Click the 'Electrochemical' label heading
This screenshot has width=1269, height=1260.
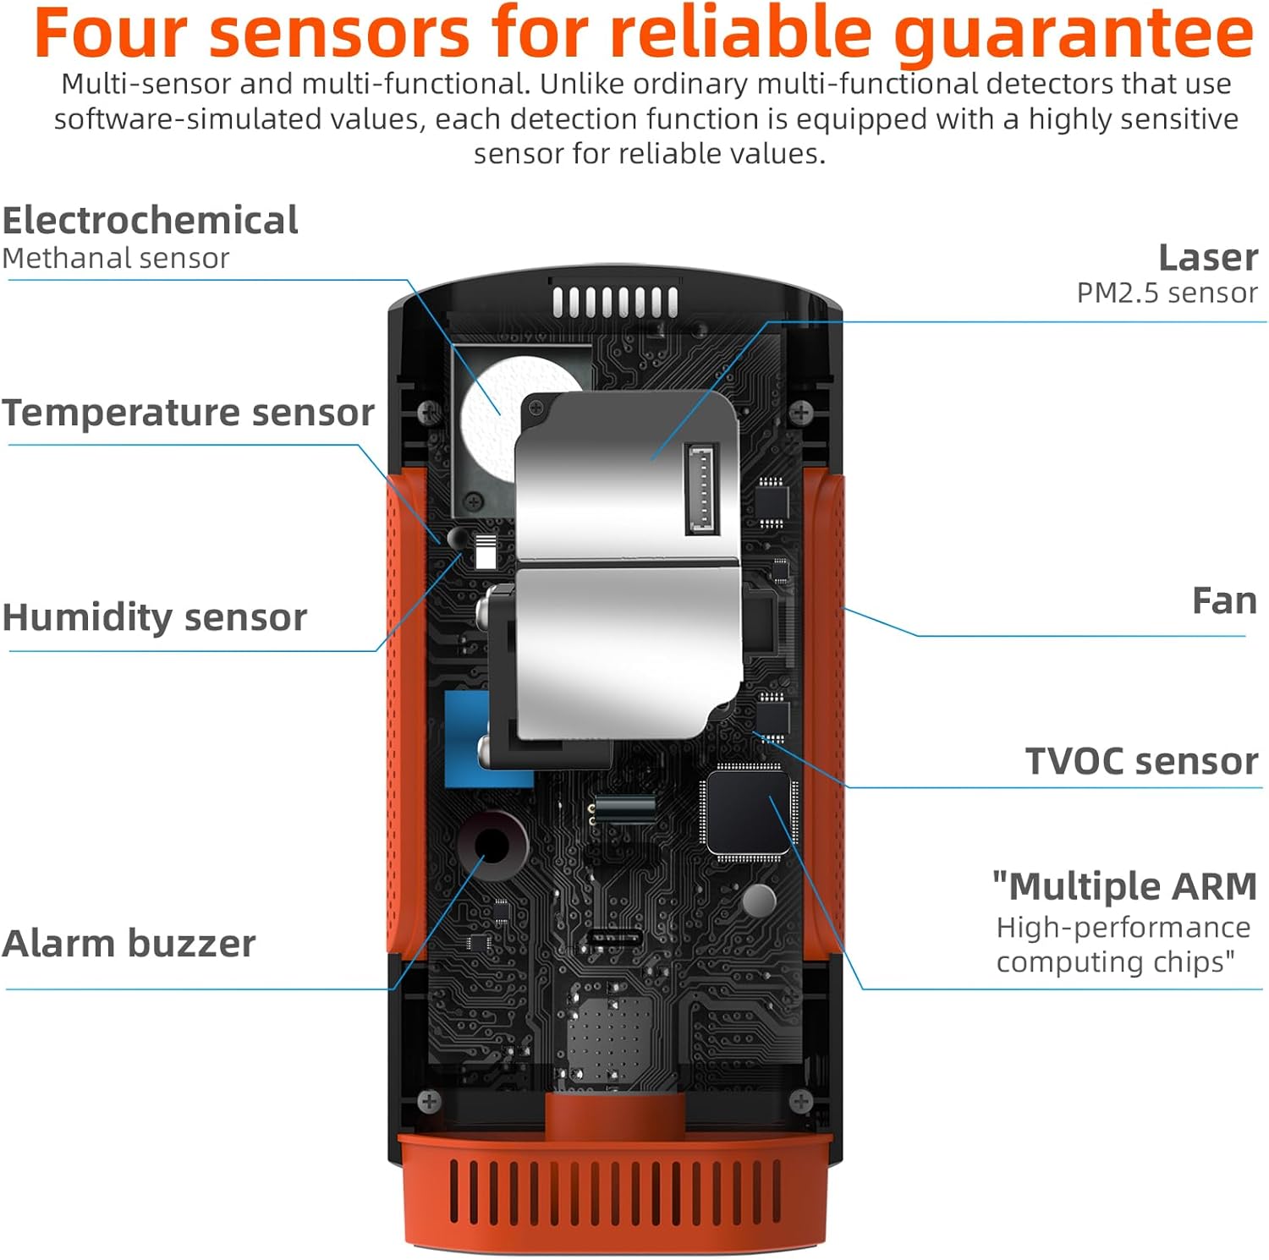tap(150, 221)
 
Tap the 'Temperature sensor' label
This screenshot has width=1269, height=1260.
tap(188, 413)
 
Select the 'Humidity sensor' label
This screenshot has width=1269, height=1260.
tap(154, 617)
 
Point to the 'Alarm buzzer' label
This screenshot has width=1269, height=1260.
tap(129, 944)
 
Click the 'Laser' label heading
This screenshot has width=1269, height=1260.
tap(1207, 258)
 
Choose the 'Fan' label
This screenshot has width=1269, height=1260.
tap(1223, 601)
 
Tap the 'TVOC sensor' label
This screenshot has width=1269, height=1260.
tap(1141, 761)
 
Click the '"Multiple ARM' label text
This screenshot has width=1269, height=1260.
tap(1124, 886)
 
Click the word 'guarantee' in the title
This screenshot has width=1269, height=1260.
tap(1073, 34)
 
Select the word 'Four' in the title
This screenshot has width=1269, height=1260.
tap(110, 34)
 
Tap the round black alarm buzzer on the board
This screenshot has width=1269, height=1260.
tap(492, 844)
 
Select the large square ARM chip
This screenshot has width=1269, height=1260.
tap(749, 813)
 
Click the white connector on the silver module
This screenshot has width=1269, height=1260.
tap(701, 489)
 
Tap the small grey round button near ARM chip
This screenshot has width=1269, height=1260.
tap(758, 901)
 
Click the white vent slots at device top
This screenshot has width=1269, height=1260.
tap(615, 302)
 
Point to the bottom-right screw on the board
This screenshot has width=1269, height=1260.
tap(800, 1101)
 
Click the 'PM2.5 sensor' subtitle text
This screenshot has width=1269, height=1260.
tap(1167, 293)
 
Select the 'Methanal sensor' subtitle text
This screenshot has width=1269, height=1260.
tap(116, 259)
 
